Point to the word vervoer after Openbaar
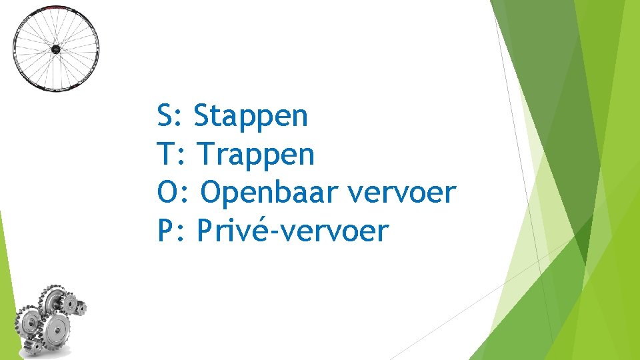tap(402, 194)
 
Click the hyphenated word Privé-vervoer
tap(293, 232)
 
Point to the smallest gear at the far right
tap(80, 307)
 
